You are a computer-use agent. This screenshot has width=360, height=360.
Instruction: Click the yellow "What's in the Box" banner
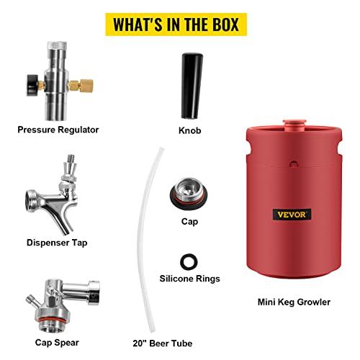(176, 24)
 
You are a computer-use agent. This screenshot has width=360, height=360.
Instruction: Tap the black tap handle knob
(192, 86)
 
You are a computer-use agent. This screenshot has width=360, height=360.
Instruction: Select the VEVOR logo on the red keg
(292, 214)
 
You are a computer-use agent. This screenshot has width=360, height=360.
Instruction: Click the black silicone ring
(189, 261)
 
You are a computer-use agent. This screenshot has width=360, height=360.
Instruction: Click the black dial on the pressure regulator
(32, 85)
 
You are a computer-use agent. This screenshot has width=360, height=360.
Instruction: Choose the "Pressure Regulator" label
(58, 130)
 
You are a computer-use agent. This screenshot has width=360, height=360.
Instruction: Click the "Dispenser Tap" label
(57, 243)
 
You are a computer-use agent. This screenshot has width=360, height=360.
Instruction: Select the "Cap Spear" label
(57, 343)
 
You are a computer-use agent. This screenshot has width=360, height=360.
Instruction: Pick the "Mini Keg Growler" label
(294, 302)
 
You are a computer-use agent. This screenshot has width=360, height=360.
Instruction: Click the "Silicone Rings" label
(189, 279)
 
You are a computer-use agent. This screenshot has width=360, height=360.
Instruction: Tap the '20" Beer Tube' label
(163, 343)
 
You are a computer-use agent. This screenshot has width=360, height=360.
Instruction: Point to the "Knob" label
(189, 130)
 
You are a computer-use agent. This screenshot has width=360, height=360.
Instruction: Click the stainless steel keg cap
(189, 193)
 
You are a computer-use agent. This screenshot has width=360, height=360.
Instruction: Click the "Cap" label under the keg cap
(189, 221)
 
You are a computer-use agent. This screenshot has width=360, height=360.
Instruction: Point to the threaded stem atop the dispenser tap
(71, 159)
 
